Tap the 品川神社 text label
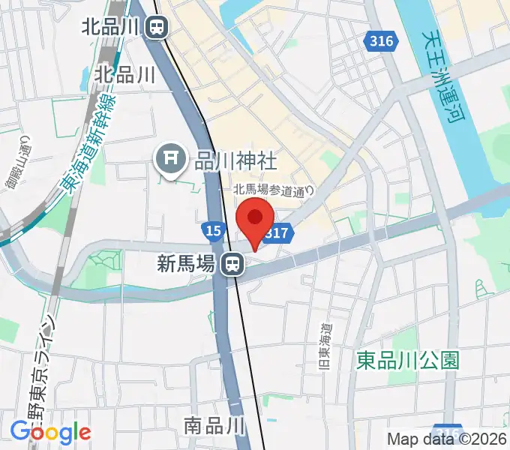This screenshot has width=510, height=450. pyautogui.click(x=226, y=160)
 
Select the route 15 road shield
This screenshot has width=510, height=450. pyautogui.click(x=213, y=231)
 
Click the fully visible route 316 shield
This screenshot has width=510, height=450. pyautogui.click(x=381, y=42)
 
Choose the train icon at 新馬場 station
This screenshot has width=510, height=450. pyautogui.click(x=231, y=263)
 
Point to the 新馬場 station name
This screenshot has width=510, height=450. pyautogui.click(x=187, y=263)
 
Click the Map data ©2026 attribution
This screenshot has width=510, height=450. pyautogui.click(x=447, y=439)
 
